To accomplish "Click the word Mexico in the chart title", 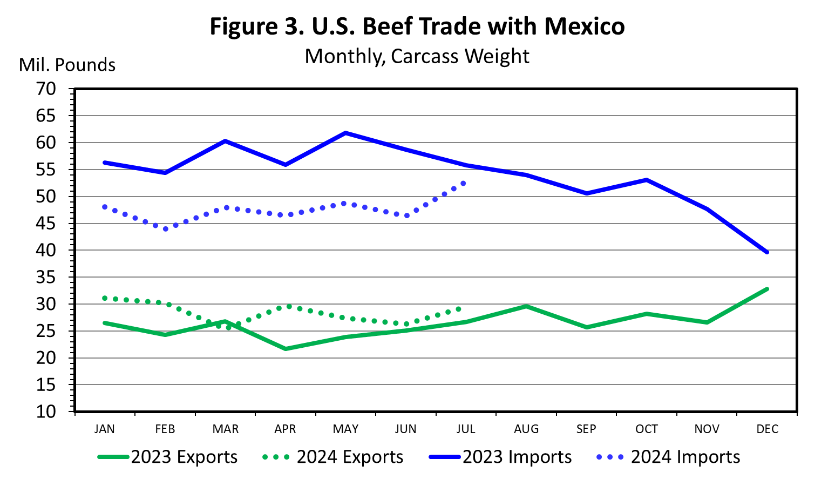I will click(x=584, y=26).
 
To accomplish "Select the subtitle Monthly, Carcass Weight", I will click(x=417, y=56).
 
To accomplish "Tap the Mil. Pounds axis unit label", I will click(x=67, y=65).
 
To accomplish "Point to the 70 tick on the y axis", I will click(x=46, y=89).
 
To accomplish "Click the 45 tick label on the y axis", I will click(x=46, y=223).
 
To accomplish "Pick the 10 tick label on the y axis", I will click(x=46, y=411).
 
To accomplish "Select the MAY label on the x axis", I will click(x=345, y=429).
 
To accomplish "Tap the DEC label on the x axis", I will click(x=767, y=429).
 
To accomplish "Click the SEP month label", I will click(x=586, y=429).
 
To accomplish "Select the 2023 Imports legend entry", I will click(x=501, y=457).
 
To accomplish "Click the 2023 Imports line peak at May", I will click(x=345, y=133).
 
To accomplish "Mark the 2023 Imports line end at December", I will click(x=766, y=252).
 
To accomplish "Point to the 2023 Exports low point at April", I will click(x=286, y=349).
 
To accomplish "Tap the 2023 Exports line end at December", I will click(x=766, y=289).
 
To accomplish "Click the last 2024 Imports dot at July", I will click(x=463, y=183).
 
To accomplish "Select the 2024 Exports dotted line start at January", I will click(x=105, y=298).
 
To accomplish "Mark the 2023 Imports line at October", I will click(x=646, y=180).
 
